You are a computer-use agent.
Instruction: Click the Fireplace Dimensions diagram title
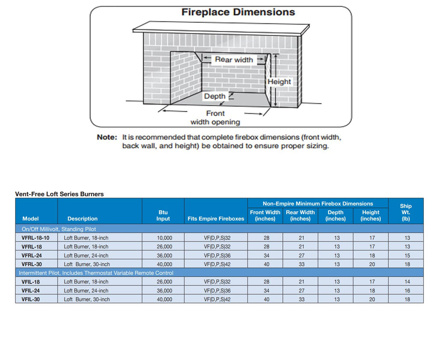click(x=238, y=12)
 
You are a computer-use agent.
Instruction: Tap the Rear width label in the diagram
click(x=234, y=59)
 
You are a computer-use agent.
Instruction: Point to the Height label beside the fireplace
click(x=279, y=82)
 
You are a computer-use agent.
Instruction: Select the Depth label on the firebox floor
click(x=215, y=96)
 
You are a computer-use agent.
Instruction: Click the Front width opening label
click(x=215, y=118)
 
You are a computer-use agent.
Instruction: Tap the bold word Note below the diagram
click(x=107, y=137)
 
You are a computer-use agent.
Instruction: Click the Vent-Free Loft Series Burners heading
click(x=59, y=194)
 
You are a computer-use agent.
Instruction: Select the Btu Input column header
click(x=163, y=215)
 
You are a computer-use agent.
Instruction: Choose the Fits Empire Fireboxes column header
click(x=216, y=218)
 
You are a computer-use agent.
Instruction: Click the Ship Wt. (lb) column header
click(x=406, y=212)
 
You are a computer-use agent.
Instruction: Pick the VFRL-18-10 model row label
click(x=36, y=238)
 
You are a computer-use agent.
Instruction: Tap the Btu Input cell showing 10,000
click(x=165, y=238)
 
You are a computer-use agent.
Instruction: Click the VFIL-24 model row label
click(x=31, y=291)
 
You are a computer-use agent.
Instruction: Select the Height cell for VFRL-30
click(x=372, y=264)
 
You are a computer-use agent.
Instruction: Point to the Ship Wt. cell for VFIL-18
click(x=407, y=282)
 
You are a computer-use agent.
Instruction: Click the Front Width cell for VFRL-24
click(x=266, y=256)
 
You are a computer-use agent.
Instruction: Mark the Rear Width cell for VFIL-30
click(x=302, y=300)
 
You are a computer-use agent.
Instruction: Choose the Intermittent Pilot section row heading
click(x=96, y=273)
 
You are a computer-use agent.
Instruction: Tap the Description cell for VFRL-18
click(x=86, y=247)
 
